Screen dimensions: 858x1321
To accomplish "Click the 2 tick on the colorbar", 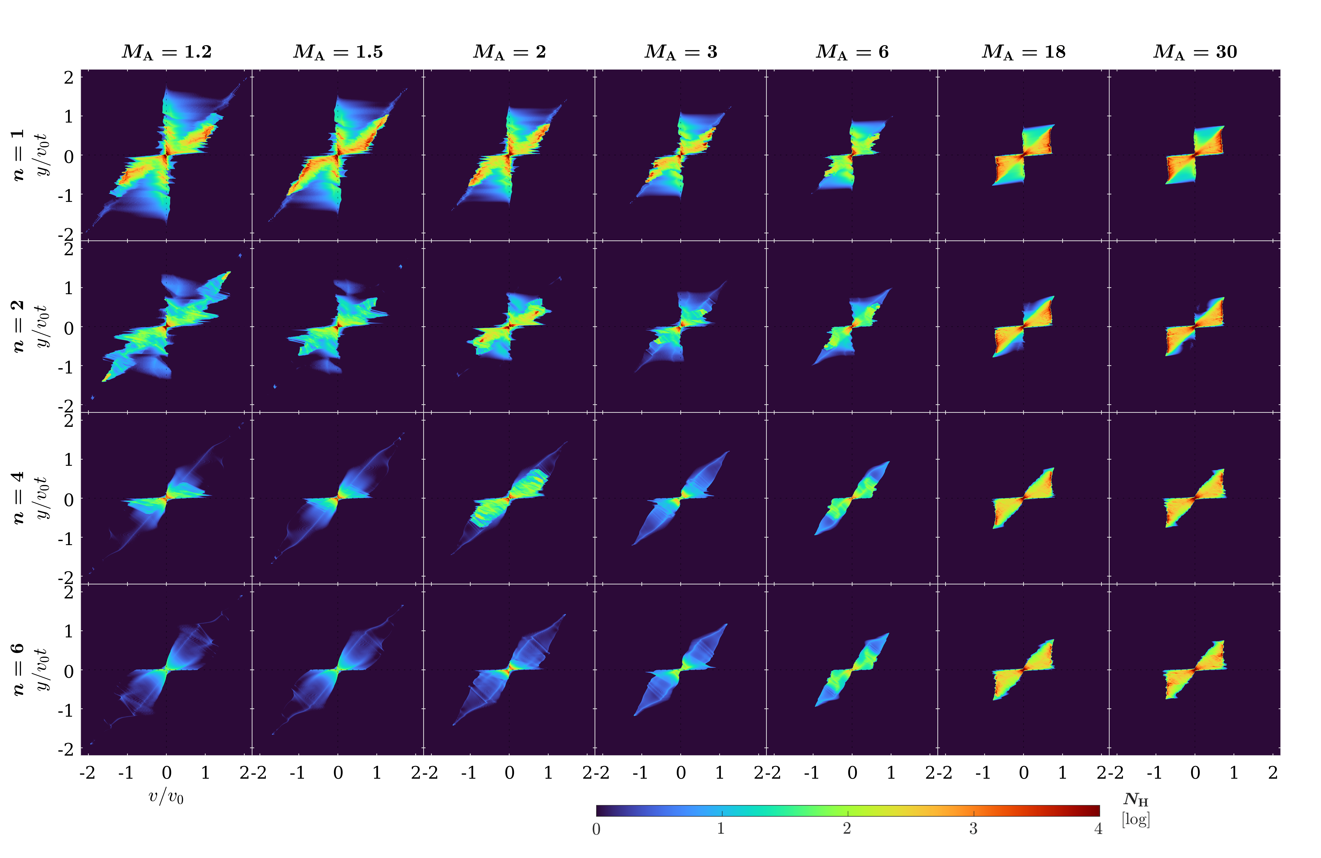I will point(847,829).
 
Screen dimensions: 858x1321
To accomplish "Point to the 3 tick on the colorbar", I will point(973,829).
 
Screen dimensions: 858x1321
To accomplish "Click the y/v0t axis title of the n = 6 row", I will point(42,670).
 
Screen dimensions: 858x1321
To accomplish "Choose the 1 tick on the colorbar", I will point(721,829).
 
